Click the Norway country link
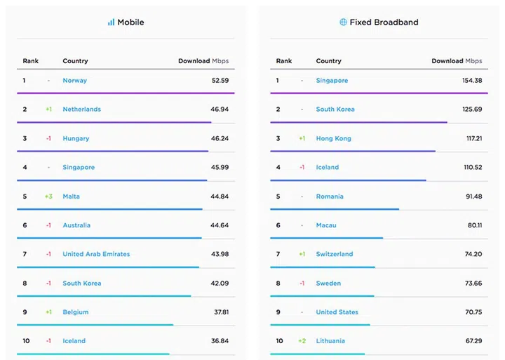click(x=75, y=81)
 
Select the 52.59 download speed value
click(x=220, y=81)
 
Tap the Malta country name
click(x=72, y=196)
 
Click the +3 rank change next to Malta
click(x=48, y=196)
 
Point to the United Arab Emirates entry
click(x=96, y=254)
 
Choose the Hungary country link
click(x=76, y=139)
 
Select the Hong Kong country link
click(x=334, y=139)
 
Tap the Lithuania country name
click(x=331, y=341)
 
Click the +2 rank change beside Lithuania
click(x=302, y=341)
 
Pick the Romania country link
click(x=330, y=196)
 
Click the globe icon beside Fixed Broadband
click(x=343, y=22)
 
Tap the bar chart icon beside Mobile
click(x=111, y=22)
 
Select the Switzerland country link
click(x=335, y=254)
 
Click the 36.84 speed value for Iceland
click(x=220, y=341)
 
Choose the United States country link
click(x=337, y=312)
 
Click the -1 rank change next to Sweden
click(x=302, y=284)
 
